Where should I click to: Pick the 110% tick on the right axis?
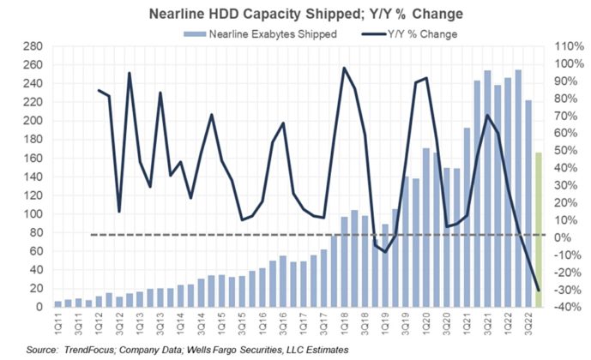564,46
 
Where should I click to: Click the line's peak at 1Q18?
344,68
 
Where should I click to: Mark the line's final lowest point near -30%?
539,290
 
